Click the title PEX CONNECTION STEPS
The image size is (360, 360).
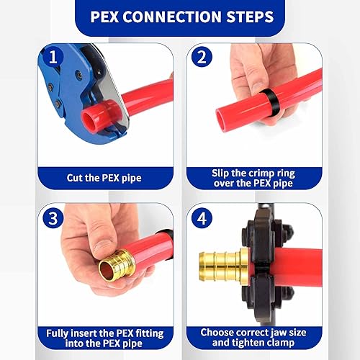point(179,16)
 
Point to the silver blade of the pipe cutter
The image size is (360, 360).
point(108,94)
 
